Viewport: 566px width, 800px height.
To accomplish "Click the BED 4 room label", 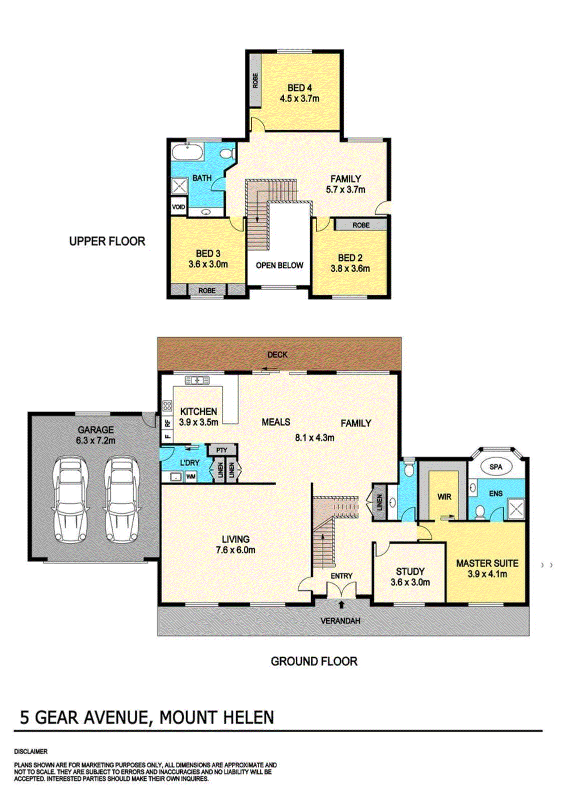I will [299, 88].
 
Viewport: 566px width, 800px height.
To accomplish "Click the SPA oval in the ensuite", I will [495, 466].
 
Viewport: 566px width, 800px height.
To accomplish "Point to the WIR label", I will [444, 496].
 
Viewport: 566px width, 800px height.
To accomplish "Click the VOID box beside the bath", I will [179, 207].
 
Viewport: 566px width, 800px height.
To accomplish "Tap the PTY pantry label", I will [222, 450].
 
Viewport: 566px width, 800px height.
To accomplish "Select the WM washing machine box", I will [191, 476].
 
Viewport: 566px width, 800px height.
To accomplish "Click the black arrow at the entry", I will [341, 604].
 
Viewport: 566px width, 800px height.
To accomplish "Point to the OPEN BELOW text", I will [279, 265].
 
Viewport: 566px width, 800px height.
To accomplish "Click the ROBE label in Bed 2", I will [361, 225].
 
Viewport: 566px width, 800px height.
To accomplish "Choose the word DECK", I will [277, 354].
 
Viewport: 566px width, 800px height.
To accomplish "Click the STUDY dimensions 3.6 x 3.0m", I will [410, 582].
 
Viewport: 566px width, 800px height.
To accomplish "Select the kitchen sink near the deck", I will [198, 381].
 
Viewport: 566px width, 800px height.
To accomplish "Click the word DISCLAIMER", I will [31, 751].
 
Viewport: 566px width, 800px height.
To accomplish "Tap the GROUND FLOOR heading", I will [314, 661].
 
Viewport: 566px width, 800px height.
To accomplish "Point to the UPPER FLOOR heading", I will [107, 241].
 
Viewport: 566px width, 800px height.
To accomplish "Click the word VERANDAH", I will [340, 621].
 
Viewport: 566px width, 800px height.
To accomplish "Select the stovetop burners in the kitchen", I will [167, 405].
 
